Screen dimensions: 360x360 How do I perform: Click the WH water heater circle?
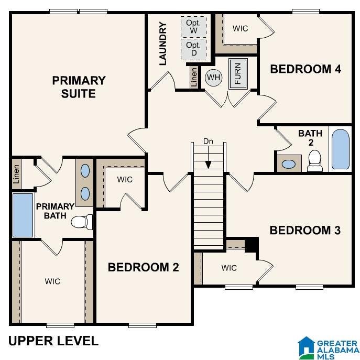pyautogui.click(x=213, y=78)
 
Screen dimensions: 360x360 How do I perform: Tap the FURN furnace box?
pyautogui.click(x=238, y=74)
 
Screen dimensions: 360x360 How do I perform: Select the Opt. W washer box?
pyautogui.click(x=193, y=27)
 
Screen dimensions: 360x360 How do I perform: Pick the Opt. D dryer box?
pyautogui.click(x=193, y=49)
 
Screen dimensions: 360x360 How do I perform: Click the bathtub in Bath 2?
pyautogui.click(x=341, y=149)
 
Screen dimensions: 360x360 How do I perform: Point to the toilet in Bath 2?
pyautogui.click(x=314, y=161)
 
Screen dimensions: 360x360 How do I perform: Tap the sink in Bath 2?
pyautogui.click(x=289, y=164)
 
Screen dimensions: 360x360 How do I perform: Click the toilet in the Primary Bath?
pyautogui.click(x=82, y=222)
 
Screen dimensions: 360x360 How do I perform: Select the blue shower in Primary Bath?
pyautogui.click(x=23, y=215)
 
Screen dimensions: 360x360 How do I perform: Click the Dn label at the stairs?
pyautogui.click(x=208, y=141)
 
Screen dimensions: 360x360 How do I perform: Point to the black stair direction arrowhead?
pyautogui.click(x=208, y=165)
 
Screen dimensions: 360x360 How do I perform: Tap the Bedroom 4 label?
pyautogui.click(x=306, y=69)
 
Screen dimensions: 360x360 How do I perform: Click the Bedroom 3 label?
pyautogui.click(x=305, y=230)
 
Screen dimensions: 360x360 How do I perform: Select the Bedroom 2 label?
pyautogui.click(x=143, y=267)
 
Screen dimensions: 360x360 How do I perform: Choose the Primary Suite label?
pyautogui.click(x=79, y=87)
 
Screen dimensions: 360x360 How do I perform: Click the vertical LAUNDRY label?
pyautogui.click(x=163, y=43)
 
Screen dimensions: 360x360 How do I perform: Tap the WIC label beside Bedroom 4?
pyautogui.click(x=240, y=28)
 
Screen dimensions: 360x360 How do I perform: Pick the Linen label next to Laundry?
pyautogui.click(x=194, y=77)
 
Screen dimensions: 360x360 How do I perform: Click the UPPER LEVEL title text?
pyautogui.click(x=53, y=341)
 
